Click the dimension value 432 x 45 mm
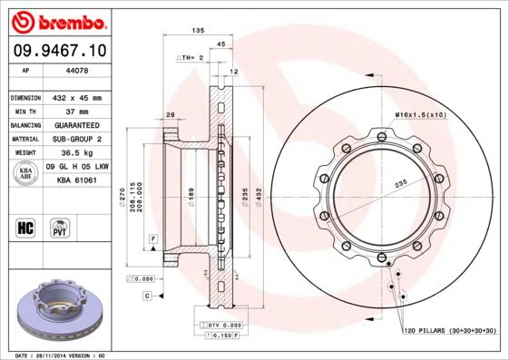75,97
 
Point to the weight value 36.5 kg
75,153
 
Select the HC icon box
25,227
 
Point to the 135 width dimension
197,32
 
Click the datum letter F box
154,237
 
